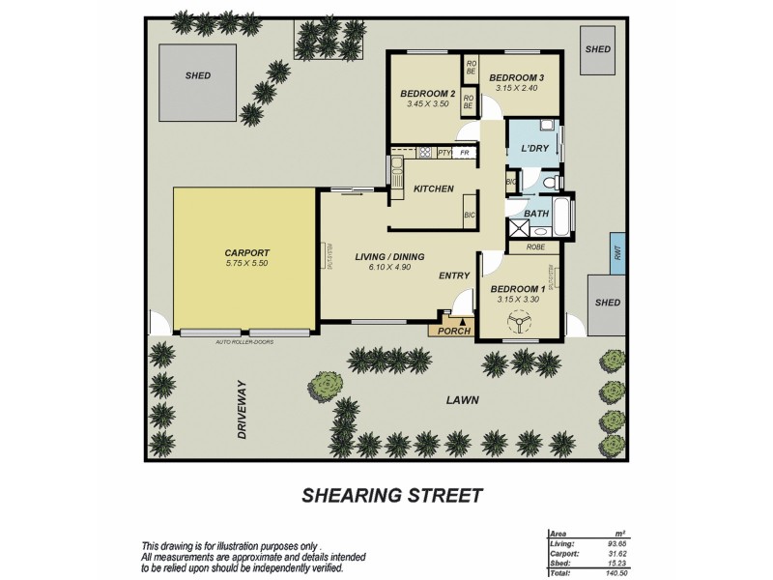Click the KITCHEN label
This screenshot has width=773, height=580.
tap(433, 188)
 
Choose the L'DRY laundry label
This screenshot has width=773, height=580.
tap(534, 148)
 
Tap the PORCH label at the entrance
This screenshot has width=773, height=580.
tap(453, 332)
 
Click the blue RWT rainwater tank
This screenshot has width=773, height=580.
tap(616, 252)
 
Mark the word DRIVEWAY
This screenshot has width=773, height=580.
tap(244, 410)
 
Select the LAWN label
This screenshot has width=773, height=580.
tap(463, 399)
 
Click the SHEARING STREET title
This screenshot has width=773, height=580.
tap(392, 496)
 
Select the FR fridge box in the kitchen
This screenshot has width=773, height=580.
tap(465, 153)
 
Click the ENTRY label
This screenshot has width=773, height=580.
tap(454, 276)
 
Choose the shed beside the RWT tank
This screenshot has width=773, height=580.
tap(608, 303)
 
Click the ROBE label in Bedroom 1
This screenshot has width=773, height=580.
tap(536, 246)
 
